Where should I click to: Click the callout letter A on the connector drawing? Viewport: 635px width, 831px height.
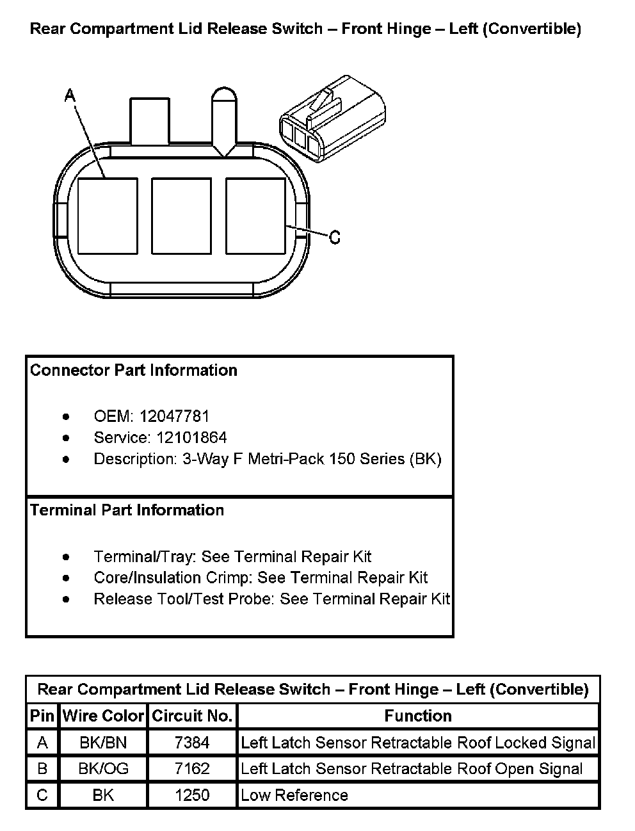(70, 96)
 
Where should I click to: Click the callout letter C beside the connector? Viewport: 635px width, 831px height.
(334, 238)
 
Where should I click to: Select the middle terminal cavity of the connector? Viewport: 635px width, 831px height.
(181, 216)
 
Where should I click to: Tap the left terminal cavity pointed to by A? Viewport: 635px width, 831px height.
(108, 216)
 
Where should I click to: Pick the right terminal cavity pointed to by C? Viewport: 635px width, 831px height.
(255, 216)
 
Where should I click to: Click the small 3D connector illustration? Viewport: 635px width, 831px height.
(333, 118)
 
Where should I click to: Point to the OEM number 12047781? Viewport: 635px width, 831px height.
(174, 416)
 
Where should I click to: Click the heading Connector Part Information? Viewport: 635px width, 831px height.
(134, 370)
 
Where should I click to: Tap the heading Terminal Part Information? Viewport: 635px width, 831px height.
(127, 510)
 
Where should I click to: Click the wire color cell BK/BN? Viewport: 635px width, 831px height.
(103, 743)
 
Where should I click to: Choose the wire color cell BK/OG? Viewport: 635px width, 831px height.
(103, 768)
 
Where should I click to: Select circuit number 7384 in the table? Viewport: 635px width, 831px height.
(192, 743)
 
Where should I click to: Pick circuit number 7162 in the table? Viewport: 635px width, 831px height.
(192, 768)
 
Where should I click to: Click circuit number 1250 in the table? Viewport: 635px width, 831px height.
(192, 795)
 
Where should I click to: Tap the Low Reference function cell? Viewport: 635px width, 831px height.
(294, 795)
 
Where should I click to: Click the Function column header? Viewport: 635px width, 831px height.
(418, 716)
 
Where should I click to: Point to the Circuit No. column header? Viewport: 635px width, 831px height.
(192, 716)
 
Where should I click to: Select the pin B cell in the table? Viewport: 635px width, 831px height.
(42, 768)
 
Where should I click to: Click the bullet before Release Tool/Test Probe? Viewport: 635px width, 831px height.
(67, 599)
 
